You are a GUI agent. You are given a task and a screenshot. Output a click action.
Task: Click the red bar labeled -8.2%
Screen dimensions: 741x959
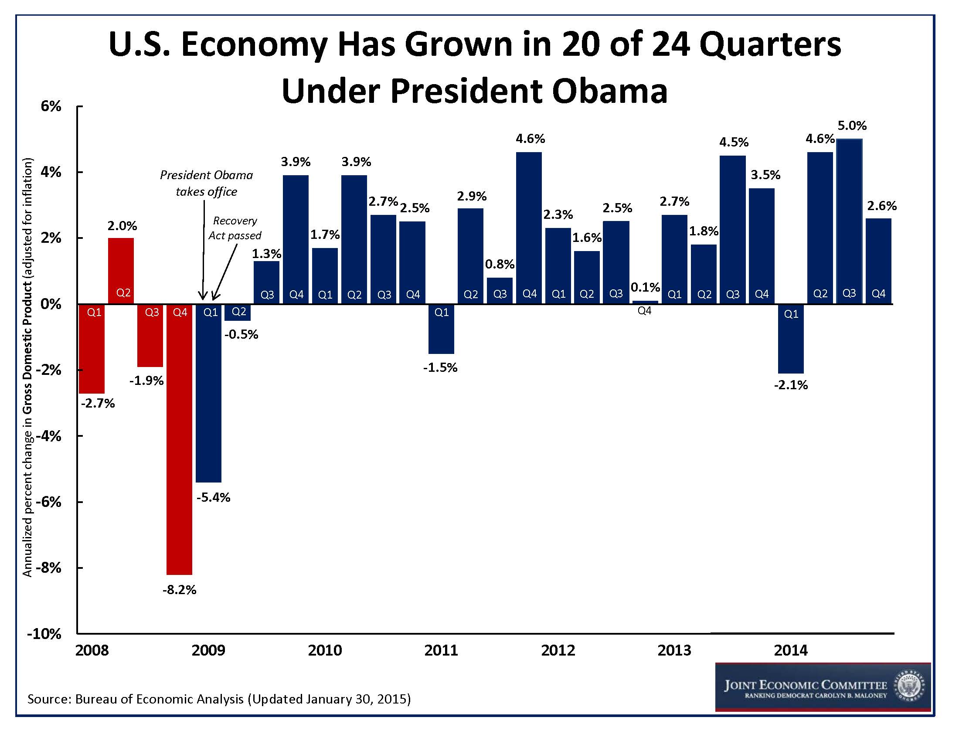coord(180,439)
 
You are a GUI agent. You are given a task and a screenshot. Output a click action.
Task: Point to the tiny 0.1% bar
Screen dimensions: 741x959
coord(645,302)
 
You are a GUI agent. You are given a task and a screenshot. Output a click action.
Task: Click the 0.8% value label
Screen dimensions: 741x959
coord(500,264)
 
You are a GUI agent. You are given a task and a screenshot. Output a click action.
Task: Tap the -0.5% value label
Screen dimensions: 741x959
coord(241,335)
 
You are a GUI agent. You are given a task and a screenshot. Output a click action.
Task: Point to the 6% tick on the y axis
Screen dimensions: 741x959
coord(51,106)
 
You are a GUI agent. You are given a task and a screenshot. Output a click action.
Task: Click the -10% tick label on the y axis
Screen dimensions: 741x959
coord(44,634)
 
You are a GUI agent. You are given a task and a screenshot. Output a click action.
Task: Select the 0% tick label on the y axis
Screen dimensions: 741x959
coord(51,304)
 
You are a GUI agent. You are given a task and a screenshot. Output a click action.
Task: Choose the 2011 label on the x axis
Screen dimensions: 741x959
coord(441,650)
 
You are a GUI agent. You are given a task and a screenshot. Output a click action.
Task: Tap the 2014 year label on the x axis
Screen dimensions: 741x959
coord(790,650)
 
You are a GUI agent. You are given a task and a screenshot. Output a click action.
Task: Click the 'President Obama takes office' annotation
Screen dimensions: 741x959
coord(206,184)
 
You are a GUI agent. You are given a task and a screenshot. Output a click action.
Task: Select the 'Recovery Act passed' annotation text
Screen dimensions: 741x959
coord(235,228)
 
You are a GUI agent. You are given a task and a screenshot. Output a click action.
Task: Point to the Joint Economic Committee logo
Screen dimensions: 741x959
coord(823,687)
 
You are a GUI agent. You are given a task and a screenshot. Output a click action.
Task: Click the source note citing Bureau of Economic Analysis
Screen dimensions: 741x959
coord(219,699)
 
